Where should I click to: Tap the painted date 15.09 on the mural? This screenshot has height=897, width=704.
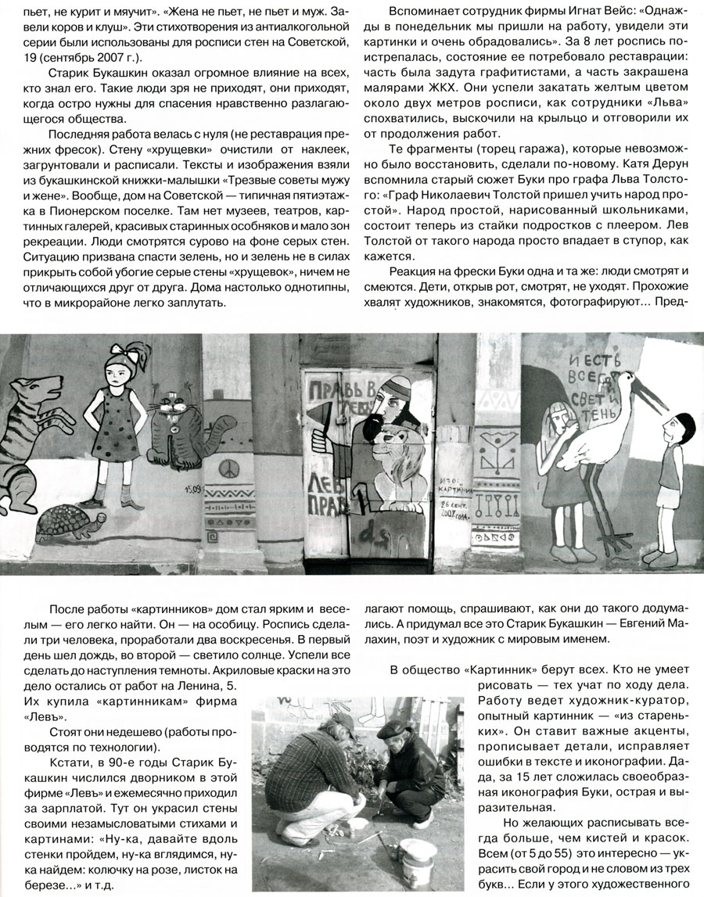[194, 491]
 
